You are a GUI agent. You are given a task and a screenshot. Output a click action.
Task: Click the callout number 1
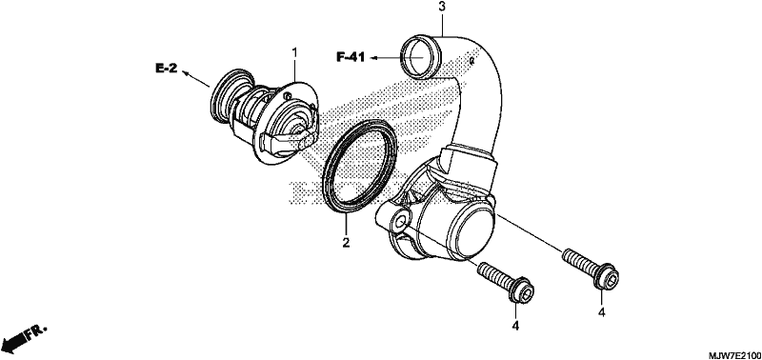pyautogui.click(x=294, y=50)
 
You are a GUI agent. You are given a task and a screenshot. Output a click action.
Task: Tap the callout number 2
pyautogui.click(x=346, y=242)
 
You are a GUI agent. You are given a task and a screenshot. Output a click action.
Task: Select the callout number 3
pyautogui.click(x=442, y=7)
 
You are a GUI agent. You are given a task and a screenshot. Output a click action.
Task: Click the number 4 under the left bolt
pyautogui.click(x=515, y=325)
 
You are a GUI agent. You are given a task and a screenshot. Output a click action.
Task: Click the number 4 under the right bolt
pyautogui.click(x=602, y=313)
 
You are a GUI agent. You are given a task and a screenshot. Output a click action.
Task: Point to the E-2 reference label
pyautogui.click(x=166, y=69)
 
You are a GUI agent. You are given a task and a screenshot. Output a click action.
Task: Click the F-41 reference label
pyautogui.click(x=351, y=57)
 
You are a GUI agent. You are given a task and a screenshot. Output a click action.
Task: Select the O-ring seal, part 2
pyautogui.click(x=360, y=168)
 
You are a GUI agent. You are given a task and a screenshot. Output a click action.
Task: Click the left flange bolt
pyautogui.click(x=506, y=284)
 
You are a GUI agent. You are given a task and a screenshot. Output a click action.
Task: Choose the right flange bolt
pyautogui.click(x=590, y=270)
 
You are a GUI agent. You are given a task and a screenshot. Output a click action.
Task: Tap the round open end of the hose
pyautogui.click(x=420, y=57)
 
